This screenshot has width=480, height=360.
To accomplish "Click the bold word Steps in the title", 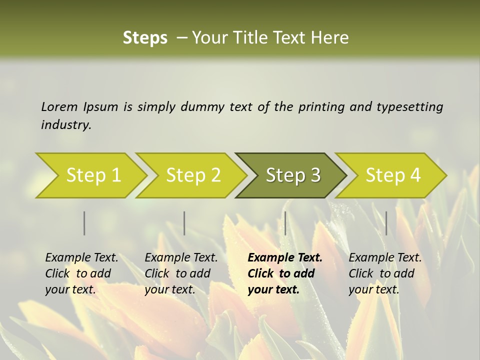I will (x=145, y=38).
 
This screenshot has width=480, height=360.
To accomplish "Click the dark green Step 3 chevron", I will (x=291, y=175).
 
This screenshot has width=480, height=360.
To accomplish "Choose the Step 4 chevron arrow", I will (x=391, y=175).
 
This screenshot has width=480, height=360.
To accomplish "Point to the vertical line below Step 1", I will (x=84, y=223).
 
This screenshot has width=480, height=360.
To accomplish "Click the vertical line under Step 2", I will (x=184, y=223).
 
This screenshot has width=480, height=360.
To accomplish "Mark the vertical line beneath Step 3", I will (x=285, y=223).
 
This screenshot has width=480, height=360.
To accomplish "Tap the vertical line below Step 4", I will (x=386, y=223).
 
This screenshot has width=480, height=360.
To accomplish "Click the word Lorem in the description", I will (x=59, y=107).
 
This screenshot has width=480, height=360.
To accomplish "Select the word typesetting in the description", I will (x=409, y=107).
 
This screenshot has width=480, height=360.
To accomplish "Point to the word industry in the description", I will (x=66, y=125).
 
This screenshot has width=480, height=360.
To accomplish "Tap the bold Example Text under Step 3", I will (x=285, y=258).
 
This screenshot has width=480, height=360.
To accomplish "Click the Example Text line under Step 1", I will (x=81, y=258).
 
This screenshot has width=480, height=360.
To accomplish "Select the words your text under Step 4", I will (x=374, y=290).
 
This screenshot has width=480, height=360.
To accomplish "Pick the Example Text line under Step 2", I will (x=181, y=258).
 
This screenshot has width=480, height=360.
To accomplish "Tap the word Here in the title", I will (x=332, y=38).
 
